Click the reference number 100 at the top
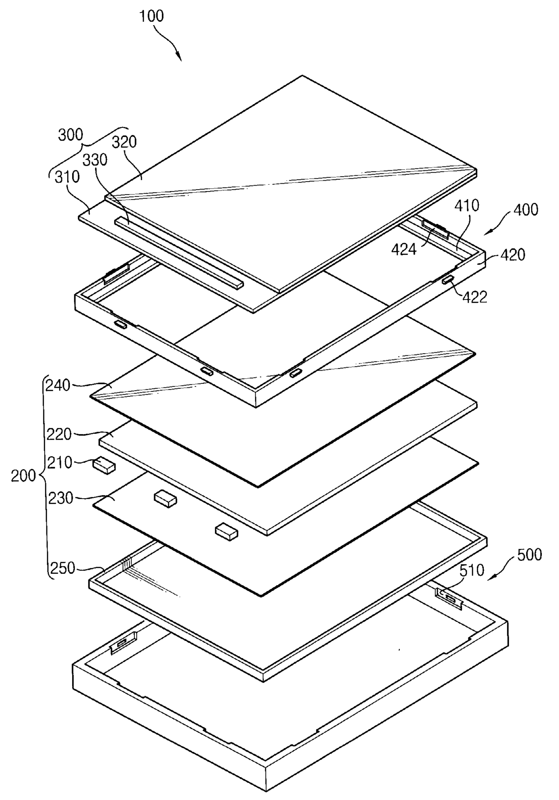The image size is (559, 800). click(x=151, y=16)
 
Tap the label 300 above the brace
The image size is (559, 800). click(x=70, y=135)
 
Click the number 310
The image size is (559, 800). click(x=67, y=177)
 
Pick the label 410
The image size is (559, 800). click(x=467, y=206)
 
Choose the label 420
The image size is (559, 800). click(x=513, y=255)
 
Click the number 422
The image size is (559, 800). click(x=475, y=297)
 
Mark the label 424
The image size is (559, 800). click(x=403, y=249)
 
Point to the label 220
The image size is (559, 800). click(x=59, y=434)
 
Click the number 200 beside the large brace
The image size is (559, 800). click(x=23, y=476)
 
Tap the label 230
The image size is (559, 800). click(x=60, y=498)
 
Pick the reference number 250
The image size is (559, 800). click(x=62, y=568)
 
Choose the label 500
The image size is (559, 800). click(x=529, y=555)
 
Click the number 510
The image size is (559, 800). click(x=472, y=571)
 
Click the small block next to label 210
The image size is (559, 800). click(x=104, y=466)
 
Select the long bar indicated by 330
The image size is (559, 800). click(x=179, y=252)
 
